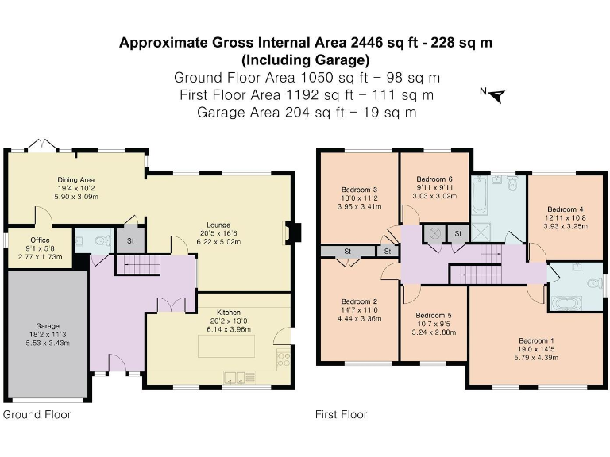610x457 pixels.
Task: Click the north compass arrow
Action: coord(497,96)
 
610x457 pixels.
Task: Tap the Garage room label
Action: coord(48,326)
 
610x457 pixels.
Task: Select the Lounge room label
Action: coord(218,225)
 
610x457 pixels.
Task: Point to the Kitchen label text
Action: coord(229,313)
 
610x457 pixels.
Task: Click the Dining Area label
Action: coord(76,180)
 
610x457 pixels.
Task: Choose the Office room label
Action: coord(40,240)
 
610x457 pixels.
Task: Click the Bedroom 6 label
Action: coord(434,179)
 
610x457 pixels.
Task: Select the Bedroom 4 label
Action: coord(566,209)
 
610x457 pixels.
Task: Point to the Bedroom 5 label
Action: coord(434,316)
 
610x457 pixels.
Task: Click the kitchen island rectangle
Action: coord(226,346)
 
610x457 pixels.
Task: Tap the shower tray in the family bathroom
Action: coord(481,232)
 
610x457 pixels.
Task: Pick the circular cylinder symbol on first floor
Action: coord(434,234)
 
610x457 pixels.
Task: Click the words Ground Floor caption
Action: coord(37,415)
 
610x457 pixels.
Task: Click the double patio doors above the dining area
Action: coord(42,144)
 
